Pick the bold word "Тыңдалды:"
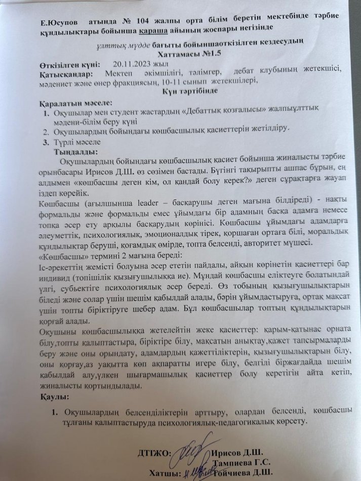[x=79, y=151]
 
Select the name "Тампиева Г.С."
[x=242, y=462]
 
